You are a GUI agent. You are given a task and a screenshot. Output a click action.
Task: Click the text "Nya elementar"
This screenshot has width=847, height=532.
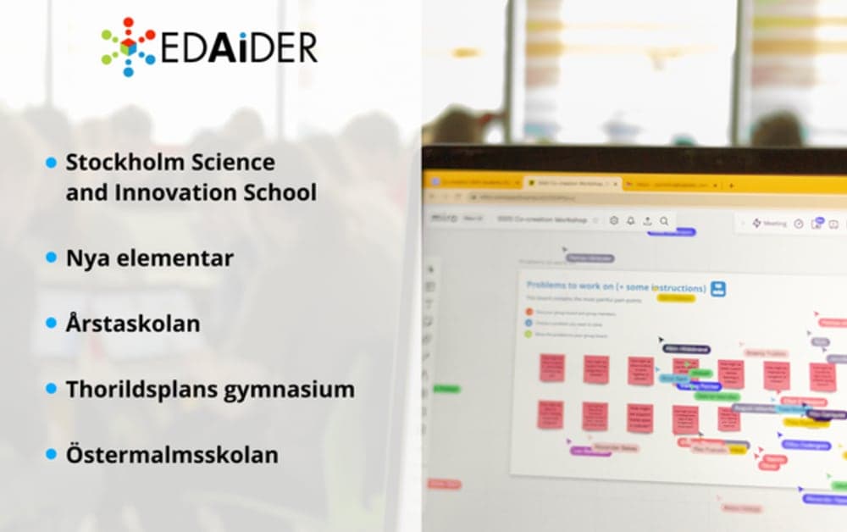149,258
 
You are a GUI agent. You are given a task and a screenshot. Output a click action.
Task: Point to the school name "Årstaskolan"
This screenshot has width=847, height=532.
132,324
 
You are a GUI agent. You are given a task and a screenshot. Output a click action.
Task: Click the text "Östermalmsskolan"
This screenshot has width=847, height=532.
171,455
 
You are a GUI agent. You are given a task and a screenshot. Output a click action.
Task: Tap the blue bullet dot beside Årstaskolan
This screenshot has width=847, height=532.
52,323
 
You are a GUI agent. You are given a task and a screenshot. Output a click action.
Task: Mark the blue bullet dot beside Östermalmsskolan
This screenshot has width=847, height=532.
52,454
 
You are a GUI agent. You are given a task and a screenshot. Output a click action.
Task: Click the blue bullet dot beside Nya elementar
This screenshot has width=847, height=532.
52,257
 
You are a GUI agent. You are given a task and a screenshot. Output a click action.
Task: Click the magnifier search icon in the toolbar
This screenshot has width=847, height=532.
665,220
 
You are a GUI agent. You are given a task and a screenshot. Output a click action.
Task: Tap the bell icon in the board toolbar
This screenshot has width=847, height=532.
630,220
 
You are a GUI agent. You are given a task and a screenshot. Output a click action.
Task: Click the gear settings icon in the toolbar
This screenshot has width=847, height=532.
614,220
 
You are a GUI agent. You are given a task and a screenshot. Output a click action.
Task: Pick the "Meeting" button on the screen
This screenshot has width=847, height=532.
769,224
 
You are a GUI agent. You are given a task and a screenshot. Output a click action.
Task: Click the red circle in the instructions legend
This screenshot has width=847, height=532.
529,312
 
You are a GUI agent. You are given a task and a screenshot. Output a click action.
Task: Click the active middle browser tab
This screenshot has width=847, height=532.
566,183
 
